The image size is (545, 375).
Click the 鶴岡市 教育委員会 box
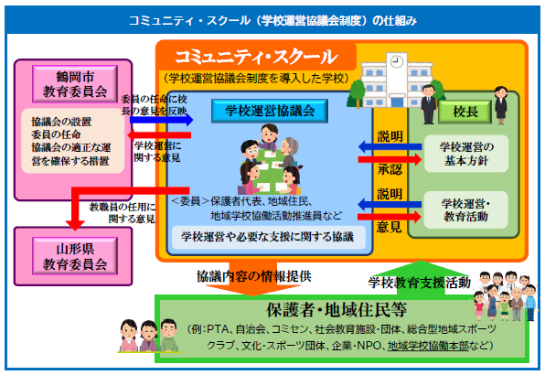click(75, 84)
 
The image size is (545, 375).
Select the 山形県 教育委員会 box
click(75, 256)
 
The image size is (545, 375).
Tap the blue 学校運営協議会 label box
click(270, 111)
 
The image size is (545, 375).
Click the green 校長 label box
click(465, 112)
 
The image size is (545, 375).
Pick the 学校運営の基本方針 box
click(466, 154)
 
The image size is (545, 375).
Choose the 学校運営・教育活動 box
click(465, 210)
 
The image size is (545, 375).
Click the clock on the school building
click(397, 62)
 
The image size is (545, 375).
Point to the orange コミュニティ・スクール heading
click(256, 57)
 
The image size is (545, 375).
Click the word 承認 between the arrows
click(390, 169)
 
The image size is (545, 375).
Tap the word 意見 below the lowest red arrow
click(389, 227)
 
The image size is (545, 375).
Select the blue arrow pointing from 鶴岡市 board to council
click(161, 120)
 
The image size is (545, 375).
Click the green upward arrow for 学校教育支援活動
click(421, 278)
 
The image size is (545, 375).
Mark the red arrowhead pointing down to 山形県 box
click(75, 224)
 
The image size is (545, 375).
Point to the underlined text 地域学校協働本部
click(428, 346)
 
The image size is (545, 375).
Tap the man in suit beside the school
click(428, 104)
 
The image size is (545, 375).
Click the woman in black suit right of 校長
click(501, 105)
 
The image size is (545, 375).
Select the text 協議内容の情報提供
click(253, 276)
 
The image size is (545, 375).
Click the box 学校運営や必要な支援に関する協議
click(269, 238)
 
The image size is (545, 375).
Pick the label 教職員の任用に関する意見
click(123, 213)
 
